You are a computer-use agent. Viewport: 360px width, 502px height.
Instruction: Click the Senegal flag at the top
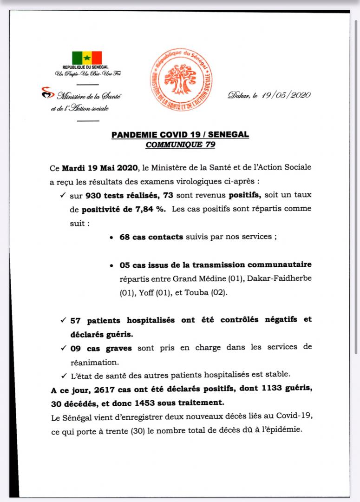point(87,58)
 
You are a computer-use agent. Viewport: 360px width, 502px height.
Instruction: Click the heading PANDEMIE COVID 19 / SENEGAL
point(180,135)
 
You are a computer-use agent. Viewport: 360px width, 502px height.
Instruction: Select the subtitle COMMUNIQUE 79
point(180,144)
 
